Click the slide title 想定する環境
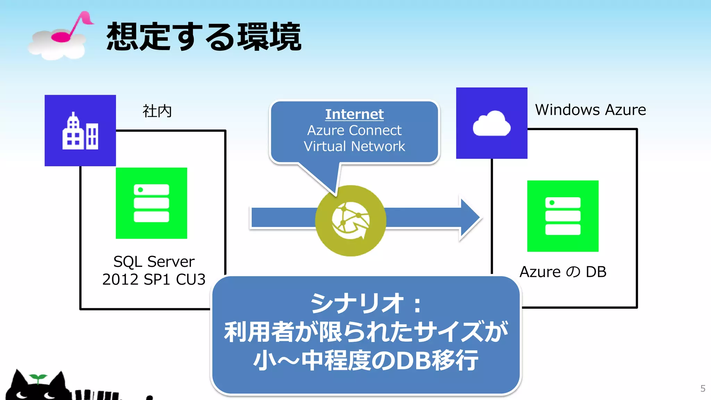point(204,37)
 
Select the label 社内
point(157,111)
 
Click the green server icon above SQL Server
point(151,203)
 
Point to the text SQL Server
point(154,261)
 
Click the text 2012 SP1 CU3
point(154,280)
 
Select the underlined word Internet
point(354,114)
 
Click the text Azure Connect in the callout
point(354,131)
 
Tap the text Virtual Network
point(354,146)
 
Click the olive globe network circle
point(351,221)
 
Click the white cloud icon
point(492,124)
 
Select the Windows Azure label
point(590,110)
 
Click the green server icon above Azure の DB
point(563,216)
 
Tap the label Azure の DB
point(563,272)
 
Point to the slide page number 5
point(703,388)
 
